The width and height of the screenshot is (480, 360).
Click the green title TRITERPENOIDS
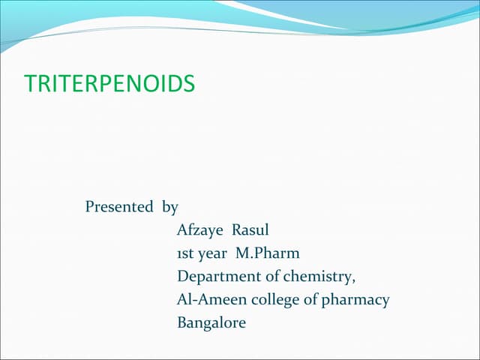point(109,83)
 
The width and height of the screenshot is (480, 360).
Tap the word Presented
point(118,206)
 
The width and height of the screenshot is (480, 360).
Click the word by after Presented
point(170,207)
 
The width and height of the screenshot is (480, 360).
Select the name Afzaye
point(199,230)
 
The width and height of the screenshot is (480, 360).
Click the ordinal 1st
point(185,253)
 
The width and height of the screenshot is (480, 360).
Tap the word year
point(216,254)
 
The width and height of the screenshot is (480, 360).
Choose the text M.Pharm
point(268,253)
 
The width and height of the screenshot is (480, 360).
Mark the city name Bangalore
point(211,324)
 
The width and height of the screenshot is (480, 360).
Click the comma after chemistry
point(353,280)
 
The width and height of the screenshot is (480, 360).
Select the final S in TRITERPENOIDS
point(189,83)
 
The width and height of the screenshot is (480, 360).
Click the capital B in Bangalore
point(182,323)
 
